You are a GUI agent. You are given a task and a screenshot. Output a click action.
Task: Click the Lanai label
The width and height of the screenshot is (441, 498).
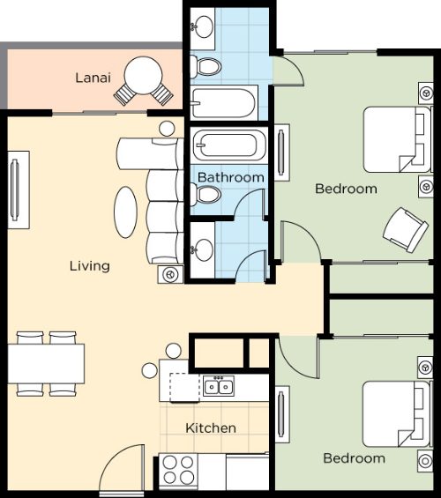click(x=93, y=78)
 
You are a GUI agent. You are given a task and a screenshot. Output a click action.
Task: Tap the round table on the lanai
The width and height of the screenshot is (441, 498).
click(x=143, y=75)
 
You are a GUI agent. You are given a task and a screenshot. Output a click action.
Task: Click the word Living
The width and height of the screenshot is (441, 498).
click(x=90, y=266)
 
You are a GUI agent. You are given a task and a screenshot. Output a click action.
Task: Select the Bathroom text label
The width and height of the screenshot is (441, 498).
click(x=231, y=177)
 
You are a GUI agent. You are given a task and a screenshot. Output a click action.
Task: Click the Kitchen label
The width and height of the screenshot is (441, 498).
click(x=211, y=428)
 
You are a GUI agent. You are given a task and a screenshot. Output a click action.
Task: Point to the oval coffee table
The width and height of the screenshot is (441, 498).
click(x=126, y=212)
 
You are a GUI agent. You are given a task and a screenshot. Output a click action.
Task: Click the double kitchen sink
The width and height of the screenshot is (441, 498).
click(x=219, y=386)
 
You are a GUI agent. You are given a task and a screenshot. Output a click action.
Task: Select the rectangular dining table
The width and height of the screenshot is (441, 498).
click(x=46, y=364)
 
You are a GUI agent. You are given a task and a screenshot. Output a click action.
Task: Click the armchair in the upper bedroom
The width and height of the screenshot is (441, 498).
click(x=406, y=230)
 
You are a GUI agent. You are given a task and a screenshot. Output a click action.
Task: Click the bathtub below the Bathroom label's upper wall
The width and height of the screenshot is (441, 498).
click(x=228, y=145)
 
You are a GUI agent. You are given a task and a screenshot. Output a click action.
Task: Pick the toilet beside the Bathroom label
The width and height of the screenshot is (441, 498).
click(x=206, y=194)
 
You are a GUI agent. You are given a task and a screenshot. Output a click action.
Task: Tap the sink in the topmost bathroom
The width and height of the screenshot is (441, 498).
click(x=201, y=26)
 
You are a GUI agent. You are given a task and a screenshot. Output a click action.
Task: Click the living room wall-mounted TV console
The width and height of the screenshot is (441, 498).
click(x=19, y=190)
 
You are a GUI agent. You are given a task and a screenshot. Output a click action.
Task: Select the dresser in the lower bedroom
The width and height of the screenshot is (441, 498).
click(x=282, y=414)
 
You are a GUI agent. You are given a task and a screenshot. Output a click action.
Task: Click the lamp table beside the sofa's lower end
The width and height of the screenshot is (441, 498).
click(x=170, y=274)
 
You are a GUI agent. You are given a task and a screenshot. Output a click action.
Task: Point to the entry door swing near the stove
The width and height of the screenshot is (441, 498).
click(x=122, y=469)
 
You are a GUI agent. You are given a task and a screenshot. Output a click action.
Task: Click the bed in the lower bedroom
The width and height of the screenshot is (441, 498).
click(x=398, y=414)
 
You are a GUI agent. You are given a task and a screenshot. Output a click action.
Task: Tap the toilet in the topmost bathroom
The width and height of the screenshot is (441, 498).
click(x=206, y=67)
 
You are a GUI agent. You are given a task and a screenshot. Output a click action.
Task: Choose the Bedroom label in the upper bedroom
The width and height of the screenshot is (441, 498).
click(x=346, y=189)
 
